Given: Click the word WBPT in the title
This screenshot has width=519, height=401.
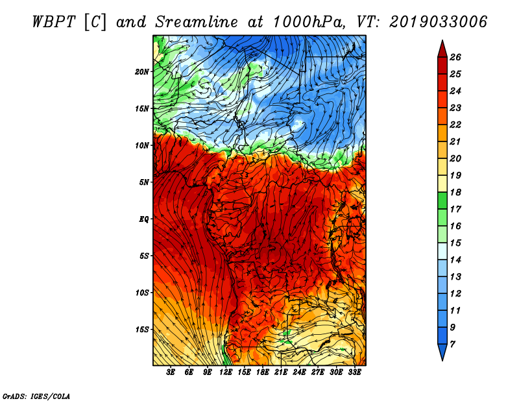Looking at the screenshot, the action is pos(54,22).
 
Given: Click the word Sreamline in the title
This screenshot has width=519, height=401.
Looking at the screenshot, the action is pos(197,22).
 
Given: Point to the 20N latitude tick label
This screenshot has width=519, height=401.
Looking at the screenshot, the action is pos(141,72).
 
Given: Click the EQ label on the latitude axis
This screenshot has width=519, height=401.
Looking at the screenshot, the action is pos(143,219).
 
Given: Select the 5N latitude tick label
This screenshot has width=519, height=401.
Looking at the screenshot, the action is pos(143,182).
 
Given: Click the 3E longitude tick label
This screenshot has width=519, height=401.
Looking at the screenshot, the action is pos(171,372).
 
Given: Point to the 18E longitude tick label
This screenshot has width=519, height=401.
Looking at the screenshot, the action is pos(263,372).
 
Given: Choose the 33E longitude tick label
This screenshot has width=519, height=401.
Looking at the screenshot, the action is pos(354,372).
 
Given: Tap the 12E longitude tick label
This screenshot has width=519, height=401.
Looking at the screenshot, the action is pos(226,372).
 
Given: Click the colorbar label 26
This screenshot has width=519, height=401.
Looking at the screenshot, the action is pos(455,57).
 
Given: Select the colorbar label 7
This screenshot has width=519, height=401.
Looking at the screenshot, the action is pos(453,345).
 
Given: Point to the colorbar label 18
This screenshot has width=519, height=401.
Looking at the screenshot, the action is pos(455,192).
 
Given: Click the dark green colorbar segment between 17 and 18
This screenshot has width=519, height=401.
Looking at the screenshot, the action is pos(442,200).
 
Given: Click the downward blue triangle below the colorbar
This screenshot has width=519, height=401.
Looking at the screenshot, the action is pos(442,351).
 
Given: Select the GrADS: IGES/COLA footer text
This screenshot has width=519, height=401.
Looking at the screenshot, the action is pos(36,396).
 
